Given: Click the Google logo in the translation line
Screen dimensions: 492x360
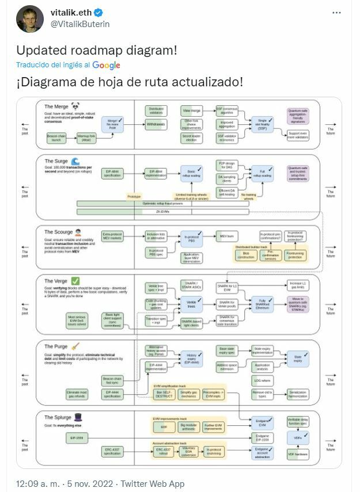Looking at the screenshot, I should [106, 65].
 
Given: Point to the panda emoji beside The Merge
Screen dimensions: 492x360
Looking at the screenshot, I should [76, 106].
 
